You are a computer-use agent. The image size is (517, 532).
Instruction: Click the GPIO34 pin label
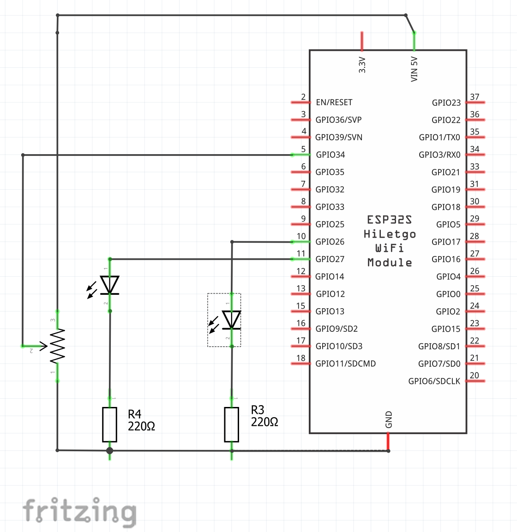[330, 155]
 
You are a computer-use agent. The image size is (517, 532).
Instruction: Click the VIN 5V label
[414, 70]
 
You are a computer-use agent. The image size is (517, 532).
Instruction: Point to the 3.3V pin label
[362, 65]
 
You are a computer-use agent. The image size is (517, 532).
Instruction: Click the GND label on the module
[389, 419]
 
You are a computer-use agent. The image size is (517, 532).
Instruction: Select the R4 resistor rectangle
[109, 424]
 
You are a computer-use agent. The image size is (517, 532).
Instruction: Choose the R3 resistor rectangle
[232, 424]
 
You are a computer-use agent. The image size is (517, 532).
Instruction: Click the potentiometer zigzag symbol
[57, 346]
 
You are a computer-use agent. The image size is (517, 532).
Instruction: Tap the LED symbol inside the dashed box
[231, 320]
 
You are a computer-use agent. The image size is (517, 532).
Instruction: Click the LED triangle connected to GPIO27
[110, 285]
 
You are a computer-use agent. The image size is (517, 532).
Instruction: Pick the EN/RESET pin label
[334, 102]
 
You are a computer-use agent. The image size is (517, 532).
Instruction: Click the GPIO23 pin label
[446, 103]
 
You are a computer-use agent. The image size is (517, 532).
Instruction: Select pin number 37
[475, 97]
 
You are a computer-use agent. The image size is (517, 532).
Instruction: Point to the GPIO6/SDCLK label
[434, 381]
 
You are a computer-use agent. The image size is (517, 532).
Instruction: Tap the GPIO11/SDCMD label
[345, 364]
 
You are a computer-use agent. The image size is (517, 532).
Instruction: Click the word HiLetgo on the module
[390, 234]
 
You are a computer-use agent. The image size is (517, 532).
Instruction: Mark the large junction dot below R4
[109, 451]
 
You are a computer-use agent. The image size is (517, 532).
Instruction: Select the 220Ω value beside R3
[265, 422]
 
